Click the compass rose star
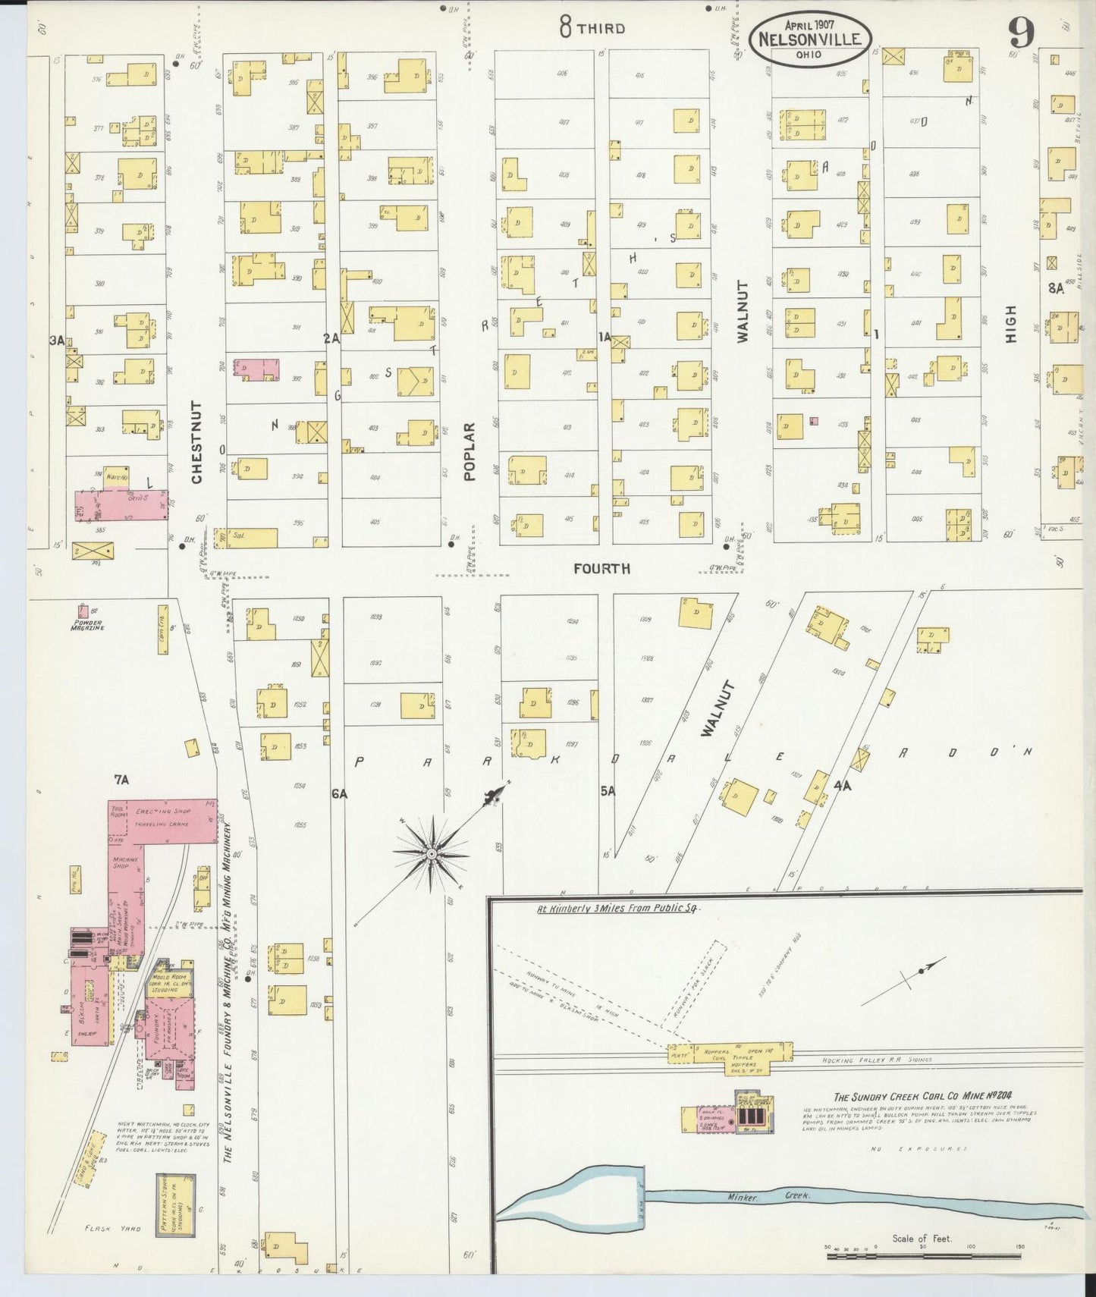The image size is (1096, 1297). click(431, 854)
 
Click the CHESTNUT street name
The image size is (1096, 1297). click(196, 442)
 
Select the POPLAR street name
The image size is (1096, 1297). click(469, 452)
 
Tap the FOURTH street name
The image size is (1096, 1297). click(601, 568)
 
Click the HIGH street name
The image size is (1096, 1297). click(1010, 325)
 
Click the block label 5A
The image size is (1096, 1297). click(608, 791)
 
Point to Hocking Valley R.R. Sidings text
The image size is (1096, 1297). click(878, 1060)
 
